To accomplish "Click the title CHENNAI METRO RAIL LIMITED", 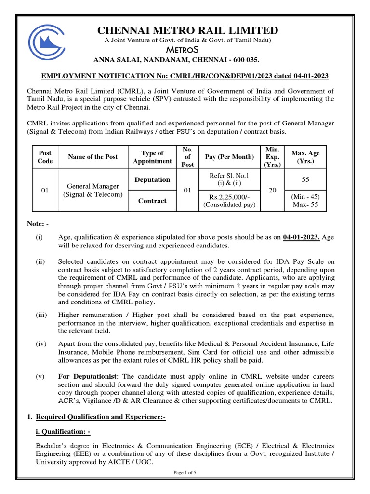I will (188, 30).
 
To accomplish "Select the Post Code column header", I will (45, 157).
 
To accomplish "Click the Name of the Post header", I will (93, 157).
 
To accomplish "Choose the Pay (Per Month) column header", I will (229, 157).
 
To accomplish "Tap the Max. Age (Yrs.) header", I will (305, 157).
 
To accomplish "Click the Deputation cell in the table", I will (152, 179).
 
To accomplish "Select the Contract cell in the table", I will (152, 201).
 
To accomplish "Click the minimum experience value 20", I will (272, 191).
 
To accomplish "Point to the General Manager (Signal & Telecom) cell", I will (93, 191).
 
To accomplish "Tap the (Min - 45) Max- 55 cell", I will (305, 201).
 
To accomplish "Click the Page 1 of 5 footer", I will (185, 473).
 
